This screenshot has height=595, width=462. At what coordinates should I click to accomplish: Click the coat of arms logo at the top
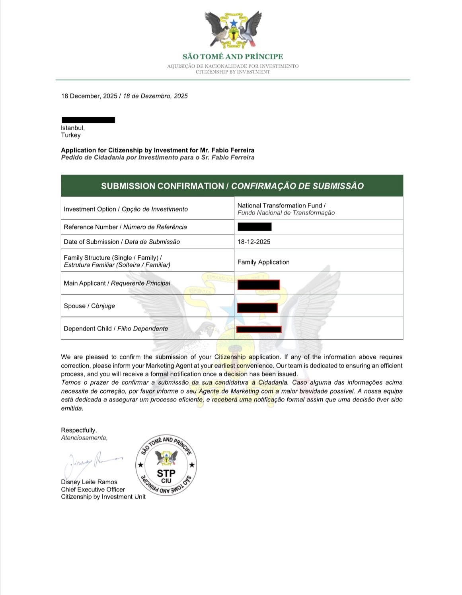pos(233,29)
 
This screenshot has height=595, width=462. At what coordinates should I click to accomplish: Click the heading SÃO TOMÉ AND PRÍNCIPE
pos(233,57)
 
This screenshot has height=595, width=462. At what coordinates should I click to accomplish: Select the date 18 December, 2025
pos(89,96)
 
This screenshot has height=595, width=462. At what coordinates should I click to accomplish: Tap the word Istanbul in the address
pos(72,128)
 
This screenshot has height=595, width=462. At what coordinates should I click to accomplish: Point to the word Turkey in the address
pos(71,135)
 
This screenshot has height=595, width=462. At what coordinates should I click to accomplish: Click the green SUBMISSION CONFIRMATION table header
pos(232,186)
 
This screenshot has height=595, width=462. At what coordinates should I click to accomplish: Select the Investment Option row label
pos(126,209)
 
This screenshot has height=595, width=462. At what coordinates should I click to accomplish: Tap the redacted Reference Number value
pos(255,227)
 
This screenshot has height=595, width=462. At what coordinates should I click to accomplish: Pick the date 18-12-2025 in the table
pos(254,242)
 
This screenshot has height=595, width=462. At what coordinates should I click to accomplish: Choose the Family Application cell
pos(263,262)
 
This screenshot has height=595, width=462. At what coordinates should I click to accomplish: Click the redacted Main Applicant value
pos(259,285)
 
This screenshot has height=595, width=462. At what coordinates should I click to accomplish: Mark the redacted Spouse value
pos(257,307)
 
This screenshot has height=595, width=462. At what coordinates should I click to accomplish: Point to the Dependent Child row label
pos(116,329)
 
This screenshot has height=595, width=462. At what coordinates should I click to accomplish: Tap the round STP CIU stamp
pos(166,465)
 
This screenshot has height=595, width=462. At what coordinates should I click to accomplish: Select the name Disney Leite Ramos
pos(89,482)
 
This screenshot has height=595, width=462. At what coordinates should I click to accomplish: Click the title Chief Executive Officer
pos(93,489)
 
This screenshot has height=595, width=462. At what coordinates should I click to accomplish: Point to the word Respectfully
pos(79,430)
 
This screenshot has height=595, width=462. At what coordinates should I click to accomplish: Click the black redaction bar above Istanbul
pos(88,120)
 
